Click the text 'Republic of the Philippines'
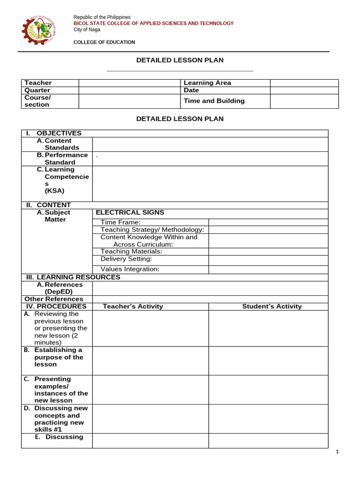102,17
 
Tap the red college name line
153,23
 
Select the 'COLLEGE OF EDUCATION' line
104,42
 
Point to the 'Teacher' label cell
38,83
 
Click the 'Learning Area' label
207,83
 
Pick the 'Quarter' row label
37,90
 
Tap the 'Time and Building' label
214,101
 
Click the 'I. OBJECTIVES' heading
54,133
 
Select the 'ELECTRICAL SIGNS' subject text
130,212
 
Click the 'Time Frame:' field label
120,222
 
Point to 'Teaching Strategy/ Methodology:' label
152,230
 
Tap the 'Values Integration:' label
130,269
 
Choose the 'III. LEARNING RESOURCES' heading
73,277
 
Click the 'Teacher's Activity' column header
133,307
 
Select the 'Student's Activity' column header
272,307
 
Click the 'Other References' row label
53,299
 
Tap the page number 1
337,451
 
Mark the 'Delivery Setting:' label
126,259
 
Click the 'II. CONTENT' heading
48,205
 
